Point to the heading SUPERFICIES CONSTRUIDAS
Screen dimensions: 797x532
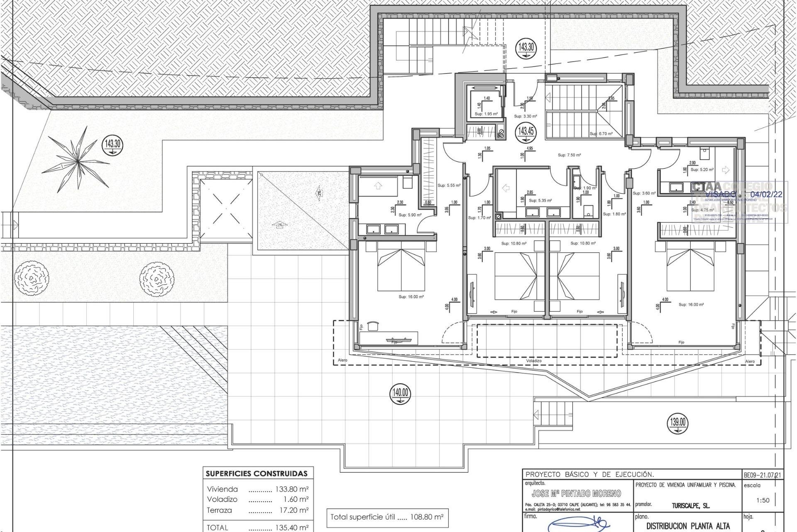pos(257,473)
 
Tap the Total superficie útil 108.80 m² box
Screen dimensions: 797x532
pos(387,517)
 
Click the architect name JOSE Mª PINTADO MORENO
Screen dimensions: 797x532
pos(576,493)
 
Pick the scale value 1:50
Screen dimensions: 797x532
pos(763,500)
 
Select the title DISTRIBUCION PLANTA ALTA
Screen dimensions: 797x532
pos(682,526)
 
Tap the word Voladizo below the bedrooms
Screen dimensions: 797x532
pos(533,361)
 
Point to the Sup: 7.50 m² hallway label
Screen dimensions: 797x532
pos(569,155)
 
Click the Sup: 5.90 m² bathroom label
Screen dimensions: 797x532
pos(410,215)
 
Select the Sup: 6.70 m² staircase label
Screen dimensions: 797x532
pos(601,134)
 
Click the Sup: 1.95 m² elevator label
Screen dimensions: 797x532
pos(486,114)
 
